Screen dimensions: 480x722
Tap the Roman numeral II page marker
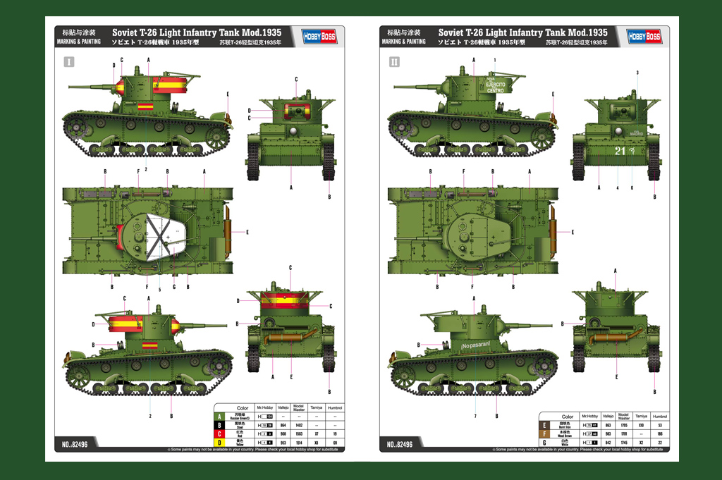[x=393, y=63]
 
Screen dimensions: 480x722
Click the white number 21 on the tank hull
[x=619, y=150]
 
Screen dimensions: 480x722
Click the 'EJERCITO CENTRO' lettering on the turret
[x=496, y=87]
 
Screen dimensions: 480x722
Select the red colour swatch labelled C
[x=219, y=434]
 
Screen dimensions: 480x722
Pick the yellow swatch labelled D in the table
[x=219, y=443]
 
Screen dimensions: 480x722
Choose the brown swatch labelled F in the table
[x=544, y=434]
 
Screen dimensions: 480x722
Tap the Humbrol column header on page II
[x=660, y=417]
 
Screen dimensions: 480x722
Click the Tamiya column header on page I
[x=316, y=408]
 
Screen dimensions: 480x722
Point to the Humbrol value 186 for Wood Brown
[x=660, y=434]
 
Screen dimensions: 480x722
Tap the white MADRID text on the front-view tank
[x=637, y=134]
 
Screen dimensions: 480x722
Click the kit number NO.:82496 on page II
[x=400, y=444]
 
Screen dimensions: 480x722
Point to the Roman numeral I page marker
[x=68, y=63]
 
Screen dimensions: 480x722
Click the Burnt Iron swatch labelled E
[x=544, y=426]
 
